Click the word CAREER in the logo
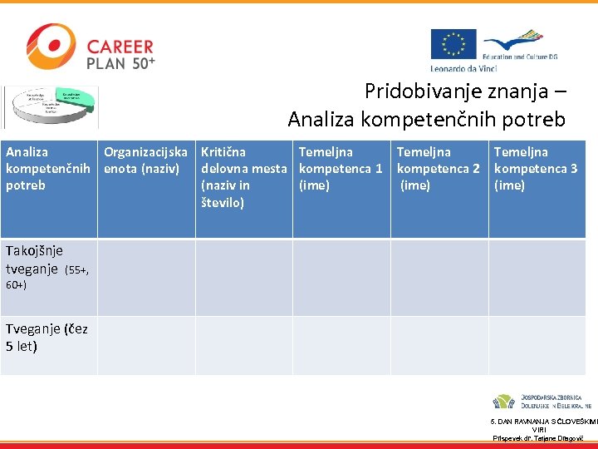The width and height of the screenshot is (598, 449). tap(120, 47)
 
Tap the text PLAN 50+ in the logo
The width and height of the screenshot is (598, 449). tap(120, 62)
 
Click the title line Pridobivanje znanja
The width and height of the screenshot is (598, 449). tap(465, 91)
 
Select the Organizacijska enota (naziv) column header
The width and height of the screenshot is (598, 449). tap(145, 160)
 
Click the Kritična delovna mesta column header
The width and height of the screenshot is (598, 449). tap(243, 176)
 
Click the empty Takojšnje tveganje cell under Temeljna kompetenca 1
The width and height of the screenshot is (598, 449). tap(341, 278)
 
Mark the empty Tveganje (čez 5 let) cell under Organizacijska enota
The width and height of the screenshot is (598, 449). tap(146, 346)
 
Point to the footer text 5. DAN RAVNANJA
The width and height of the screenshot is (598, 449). tap(543, 422)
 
